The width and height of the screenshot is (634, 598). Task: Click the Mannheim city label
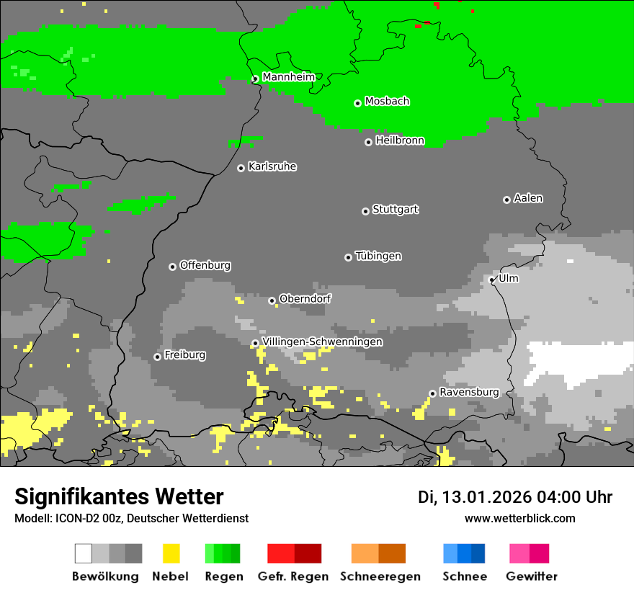tap(288, 77)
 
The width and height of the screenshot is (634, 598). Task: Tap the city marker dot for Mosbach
tap(357, 103)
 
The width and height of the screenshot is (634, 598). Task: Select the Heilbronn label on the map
tap(400, 140)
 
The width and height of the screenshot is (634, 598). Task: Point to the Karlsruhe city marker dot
tap(241, 168)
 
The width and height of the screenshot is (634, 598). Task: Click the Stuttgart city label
tap(395, 210)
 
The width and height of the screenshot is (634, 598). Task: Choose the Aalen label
tap(528, 198)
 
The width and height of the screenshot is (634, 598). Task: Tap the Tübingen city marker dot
tap(349, 257)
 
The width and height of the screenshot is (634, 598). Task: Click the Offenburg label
tap(205, 265)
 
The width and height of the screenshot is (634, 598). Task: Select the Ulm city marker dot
tap(491, 280)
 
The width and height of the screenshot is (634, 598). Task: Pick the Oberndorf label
tap(305, 298)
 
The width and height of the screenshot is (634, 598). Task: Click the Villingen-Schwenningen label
tap(322, 342)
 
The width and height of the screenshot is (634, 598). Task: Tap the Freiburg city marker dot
tap(157, 357)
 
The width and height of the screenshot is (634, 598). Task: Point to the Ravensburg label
tap(469, 392)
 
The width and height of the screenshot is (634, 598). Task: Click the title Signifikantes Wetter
tap(119, 496)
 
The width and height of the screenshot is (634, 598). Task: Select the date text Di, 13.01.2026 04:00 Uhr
tap(515, 497)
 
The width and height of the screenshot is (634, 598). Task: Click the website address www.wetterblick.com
tap(519, 518)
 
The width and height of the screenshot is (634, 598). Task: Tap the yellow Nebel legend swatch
tap(171, 553)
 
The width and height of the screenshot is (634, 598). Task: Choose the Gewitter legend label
tap(532, 576)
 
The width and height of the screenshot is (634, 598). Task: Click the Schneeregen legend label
tap(380, 576)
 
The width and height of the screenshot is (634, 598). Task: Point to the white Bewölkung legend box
tap(84, 553)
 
